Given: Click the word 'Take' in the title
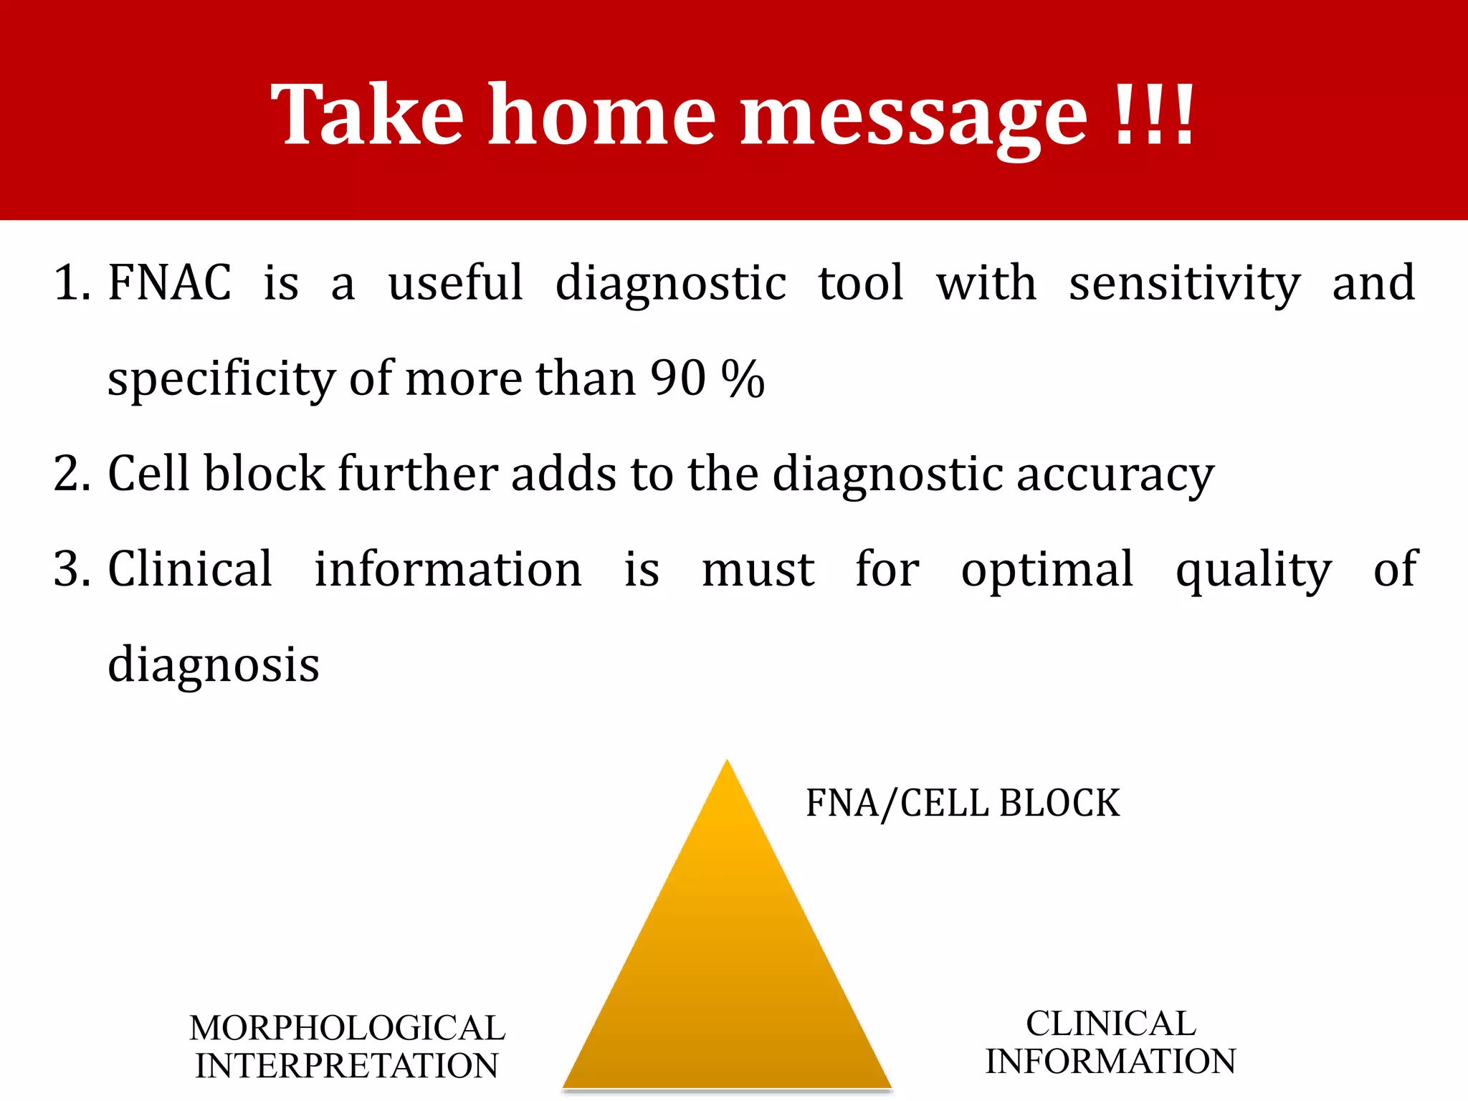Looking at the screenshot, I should (367, 115).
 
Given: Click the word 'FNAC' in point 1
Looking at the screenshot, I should (170, 282).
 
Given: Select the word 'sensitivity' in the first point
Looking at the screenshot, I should (1184, 284).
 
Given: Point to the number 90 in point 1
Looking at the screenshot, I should (678, 378).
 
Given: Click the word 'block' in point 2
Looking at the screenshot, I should (264, 473).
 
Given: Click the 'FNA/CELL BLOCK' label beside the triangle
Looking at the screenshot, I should (962, 803).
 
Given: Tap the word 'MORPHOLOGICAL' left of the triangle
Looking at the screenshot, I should (347, 1028).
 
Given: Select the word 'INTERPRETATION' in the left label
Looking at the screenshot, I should (347, 1066).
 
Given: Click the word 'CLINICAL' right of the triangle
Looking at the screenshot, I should (1110, 1024).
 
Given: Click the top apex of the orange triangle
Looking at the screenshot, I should (727, 764).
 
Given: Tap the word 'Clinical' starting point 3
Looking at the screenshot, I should (190, 569).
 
